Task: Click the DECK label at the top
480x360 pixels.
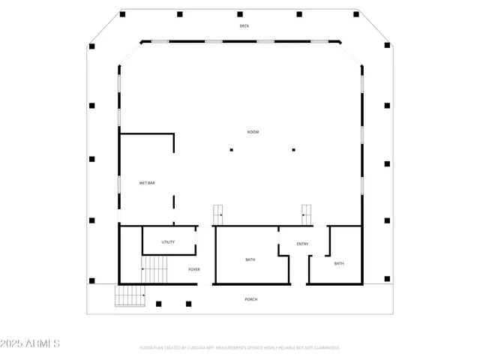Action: [244, 26]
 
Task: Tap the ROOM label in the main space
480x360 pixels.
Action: [253, 132]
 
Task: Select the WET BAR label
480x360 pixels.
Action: [147, 183]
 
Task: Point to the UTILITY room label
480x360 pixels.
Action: [168, 242]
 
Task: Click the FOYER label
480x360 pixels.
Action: [193, 268]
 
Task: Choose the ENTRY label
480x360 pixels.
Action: [302, 244]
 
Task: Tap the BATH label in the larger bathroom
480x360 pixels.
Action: [250, 260]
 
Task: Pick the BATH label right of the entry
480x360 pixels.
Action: [339, 263]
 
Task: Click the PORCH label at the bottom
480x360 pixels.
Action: [251, 299]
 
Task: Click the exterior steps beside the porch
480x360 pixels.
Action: [130, 296]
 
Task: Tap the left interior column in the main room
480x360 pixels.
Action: [232, 150]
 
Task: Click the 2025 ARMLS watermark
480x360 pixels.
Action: [31, 343]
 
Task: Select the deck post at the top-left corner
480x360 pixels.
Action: [122, 14]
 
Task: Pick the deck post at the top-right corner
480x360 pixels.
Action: [358, 14]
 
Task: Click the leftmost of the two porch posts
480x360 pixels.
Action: [158, 304]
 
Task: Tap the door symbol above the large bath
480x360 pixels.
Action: [218, 214]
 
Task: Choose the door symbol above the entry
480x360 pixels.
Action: [307, 214]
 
